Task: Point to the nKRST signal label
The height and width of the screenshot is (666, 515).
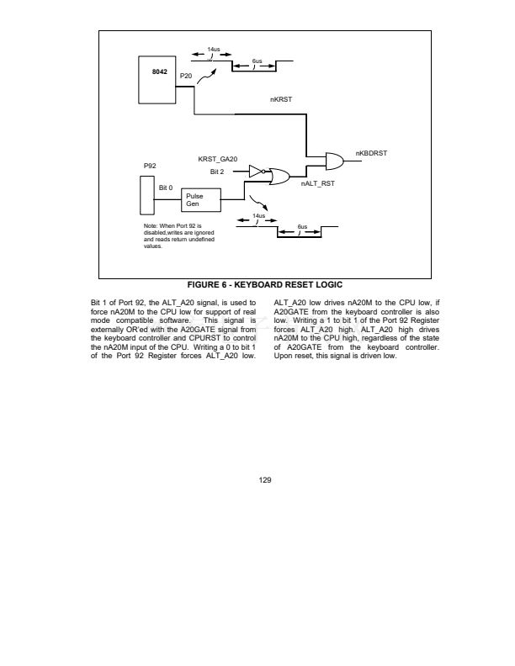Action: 280,99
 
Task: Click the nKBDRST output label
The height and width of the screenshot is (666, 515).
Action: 369,154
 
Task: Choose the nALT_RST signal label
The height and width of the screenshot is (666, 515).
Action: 317,182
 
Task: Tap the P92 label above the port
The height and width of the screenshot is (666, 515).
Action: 151,166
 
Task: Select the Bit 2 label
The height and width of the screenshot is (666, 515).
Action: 217,172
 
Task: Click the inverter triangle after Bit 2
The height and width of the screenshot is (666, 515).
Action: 256,172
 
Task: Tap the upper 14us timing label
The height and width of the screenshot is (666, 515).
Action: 214,50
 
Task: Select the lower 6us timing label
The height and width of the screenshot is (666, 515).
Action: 301,226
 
